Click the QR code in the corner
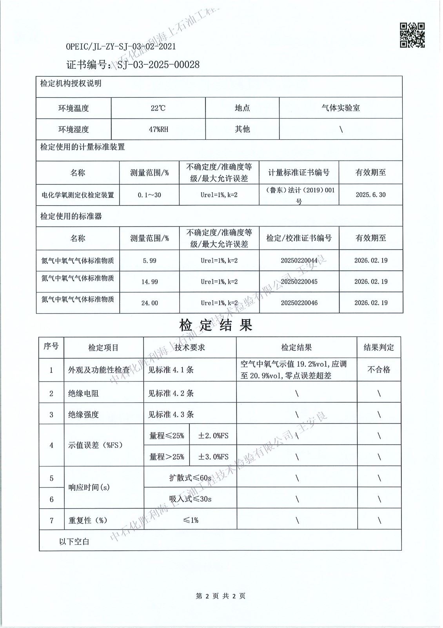(x=412, y=35)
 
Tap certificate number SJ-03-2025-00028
(x=158, y=65)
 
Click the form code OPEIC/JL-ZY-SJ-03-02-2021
(x=121, y=46)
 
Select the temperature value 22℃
(x=158, y=108)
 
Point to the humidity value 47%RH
(x=158, y=129)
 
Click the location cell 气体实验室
(x=340, y=108)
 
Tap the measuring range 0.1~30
(x=149, y=195)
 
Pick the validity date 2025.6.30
(x=370, y=195)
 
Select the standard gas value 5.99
(x=149, y=260)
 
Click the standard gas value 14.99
(x=149, y=281)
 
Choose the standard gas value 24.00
(x=149, y=303)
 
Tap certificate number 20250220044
(x=299, y=260)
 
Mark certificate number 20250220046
(x=299, y=303)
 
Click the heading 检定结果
(x=216, y=325)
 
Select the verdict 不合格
(x=379, y=369)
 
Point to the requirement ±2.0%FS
(x=213, y=435)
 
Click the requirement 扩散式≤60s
(x=190, y=478)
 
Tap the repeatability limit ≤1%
(x=190, y=520)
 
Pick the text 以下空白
(x=74, y=542)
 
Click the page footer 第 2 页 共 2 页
(x=220, y=596)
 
